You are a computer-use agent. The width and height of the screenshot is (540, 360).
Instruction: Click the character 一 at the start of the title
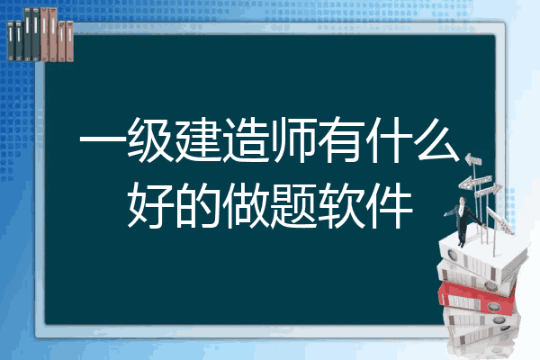[x=103, y=140]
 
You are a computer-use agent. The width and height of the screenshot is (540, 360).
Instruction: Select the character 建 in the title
[x=198, y=139]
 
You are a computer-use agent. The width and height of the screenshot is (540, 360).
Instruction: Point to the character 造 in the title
[x=246, y=139]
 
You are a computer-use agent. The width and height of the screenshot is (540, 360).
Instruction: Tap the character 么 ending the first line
[x=437, y=139]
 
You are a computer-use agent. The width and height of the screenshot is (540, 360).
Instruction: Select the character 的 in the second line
[x=198, y=206]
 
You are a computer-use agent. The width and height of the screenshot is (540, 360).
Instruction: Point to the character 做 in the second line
[x=246, y=206]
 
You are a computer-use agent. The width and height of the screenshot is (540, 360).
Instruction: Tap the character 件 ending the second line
[x=389, y=206]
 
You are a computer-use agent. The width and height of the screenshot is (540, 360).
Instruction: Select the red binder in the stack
[x=477, y=297]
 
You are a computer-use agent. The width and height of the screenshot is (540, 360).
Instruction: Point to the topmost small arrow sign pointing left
[x=473, y=160]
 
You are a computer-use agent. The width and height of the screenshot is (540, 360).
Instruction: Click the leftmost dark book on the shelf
[x=11, y=40]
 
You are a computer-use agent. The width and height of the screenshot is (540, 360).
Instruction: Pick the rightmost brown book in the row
[x=69, y=41]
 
